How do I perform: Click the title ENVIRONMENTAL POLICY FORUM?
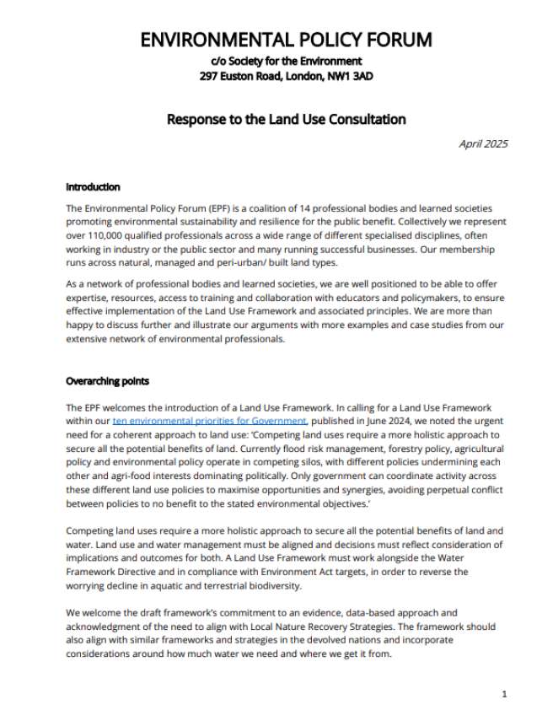(x=287, y=40)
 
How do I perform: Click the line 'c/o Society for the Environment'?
(x=287, y=62)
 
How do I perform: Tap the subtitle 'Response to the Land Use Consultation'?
(x=287, y=119)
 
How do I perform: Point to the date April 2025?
(x=483, y=143)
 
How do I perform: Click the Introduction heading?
(x=93, y=187)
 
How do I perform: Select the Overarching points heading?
(x=107, y=382)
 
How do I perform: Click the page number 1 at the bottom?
(x=504, y=693)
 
